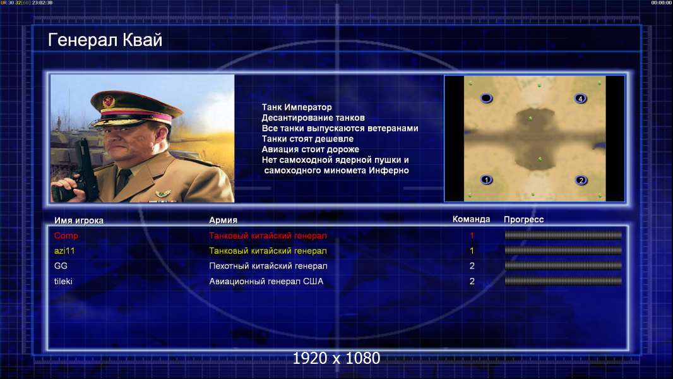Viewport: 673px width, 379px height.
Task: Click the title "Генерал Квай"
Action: pyautogui.click(x=105, y=40)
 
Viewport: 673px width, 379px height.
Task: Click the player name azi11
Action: pyautogui.click(x=64, y=251)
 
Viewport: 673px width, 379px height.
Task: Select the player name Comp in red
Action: pyautogui.click(x=66, y=236)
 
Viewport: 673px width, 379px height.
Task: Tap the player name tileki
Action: pyautogui.click(x=63, y=281)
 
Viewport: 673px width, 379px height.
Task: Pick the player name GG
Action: pyautogui.click(x=61, y=266)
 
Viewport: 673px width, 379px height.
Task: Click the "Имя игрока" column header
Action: pyautogui.click(x=78, y=220)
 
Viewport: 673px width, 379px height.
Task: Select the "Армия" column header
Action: pyautogui.click(x=223, y=220)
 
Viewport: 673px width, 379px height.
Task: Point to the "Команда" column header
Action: pyautogui.click(x=471, y=219)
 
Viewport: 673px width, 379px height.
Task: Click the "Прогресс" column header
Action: pyautogui.click(x=523, y=219)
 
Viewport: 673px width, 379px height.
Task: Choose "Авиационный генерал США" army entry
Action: pyautogui.click(x=266, y=281)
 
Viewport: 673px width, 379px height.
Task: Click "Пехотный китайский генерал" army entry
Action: pyautogui.click(x=268, y=266)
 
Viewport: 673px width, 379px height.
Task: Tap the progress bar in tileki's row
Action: pyautogui.click(x=563, y=281)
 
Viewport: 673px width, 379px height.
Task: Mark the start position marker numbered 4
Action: pyautogui.click(x=580, y=99)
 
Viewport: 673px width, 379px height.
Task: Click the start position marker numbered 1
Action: pyautogui.click(x=486, y=180)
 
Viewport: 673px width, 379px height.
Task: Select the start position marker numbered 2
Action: pyautogui.click(x=581, y=180)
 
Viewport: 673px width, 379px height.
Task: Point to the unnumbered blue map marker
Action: pyautogui.click(x=486, y=99)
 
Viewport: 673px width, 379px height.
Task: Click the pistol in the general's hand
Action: pyautogui.click(x=83, y=168)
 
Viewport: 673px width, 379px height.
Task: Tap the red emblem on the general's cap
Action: pyautogui.click(x=109, y=101)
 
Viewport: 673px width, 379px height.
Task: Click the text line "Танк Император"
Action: pyautogui.click(x=297, y=107)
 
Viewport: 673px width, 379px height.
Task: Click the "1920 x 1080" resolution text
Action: pyautogui.click(x=336, y=358)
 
